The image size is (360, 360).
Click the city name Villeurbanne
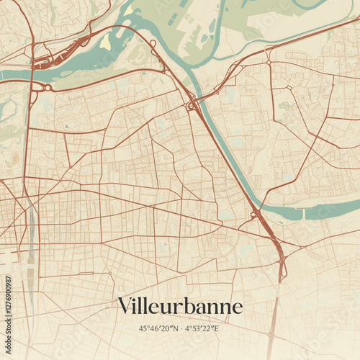point(180,306)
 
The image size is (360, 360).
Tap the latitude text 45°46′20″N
point(159,328)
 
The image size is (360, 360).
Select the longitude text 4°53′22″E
point(202,328)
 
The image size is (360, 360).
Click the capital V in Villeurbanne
point(125,305)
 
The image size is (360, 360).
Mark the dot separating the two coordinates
point(181,328)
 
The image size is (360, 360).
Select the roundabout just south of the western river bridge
point(48,88)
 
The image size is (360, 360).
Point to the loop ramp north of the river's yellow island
point(153,45)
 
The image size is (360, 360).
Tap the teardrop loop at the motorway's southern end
point(282,272)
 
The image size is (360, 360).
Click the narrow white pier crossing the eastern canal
point(304,213)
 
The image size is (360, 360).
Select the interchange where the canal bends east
point(255,214)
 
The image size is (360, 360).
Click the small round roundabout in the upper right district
point(269,63)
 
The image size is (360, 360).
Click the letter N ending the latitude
point(176,328)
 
